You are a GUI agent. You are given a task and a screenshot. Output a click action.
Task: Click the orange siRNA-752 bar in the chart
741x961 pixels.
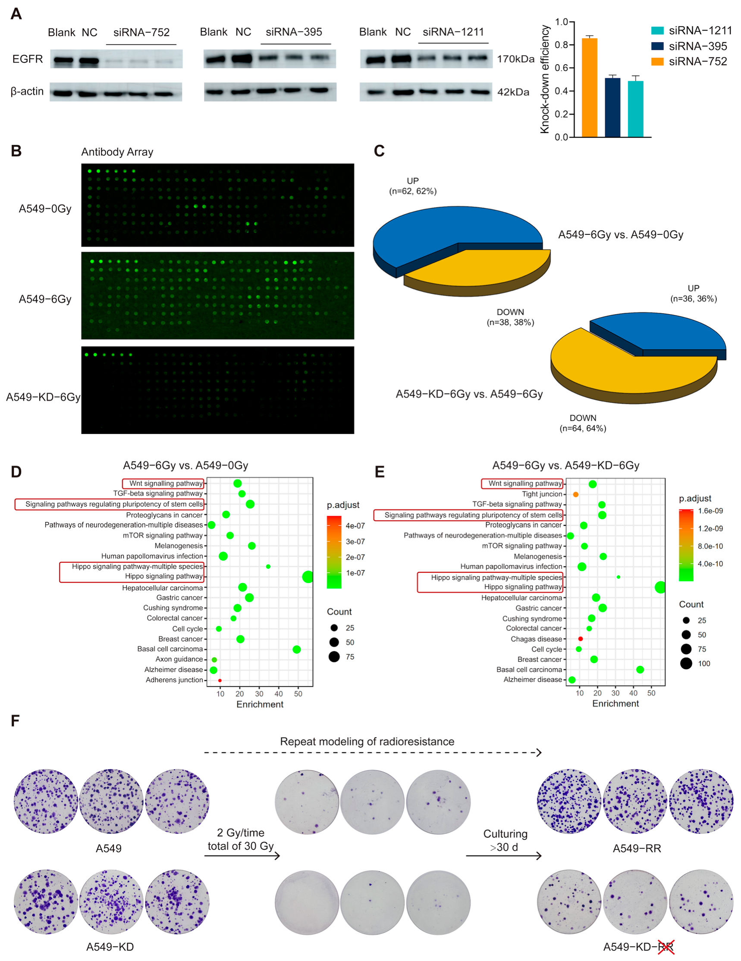point(589,87)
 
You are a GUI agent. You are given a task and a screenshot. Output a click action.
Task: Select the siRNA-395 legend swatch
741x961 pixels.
point(657,46)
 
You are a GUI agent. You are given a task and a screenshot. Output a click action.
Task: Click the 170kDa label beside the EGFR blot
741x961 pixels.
point(515,59)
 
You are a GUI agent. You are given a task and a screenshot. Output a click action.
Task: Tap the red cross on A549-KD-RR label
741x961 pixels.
point(666,946)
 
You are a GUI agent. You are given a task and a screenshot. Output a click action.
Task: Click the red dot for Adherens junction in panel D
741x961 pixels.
point(220,680)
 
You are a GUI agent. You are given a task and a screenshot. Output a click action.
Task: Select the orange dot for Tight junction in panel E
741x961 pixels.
point(575,495)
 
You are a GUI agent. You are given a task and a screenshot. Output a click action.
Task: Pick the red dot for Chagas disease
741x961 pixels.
point(580,639)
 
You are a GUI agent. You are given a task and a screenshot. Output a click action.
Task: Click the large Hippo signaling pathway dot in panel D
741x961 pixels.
point(308,577)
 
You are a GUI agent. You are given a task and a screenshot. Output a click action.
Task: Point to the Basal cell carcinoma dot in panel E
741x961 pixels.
point(640,670)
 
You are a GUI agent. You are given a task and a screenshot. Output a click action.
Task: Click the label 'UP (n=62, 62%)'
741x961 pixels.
point(412,186)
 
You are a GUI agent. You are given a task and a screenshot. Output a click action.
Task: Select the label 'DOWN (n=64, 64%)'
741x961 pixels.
point(583,423)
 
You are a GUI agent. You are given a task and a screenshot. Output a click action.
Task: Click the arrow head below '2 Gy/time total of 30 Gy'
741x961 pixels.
point(277,856)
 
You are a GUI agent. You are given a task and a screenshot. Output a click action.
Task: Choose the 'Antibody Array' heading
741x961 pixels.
point(117,152)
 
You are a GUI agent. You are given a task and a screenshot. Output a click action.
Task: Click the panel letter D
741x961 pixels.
point(16,472)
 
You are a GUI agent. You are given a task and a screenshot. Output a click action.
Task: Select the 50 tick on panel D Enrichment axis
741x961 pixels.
point(298,694)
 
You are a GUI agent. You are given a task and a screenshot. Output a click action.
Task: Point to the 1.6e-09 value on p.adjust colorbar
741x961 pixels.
point(710,511)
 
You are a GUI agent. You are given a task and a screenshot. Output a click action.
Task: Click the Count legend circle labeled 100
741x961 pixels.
point(686,664)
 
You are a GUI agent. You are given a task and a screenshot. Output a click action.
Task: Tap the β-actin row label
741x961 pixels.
point(27,91)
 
